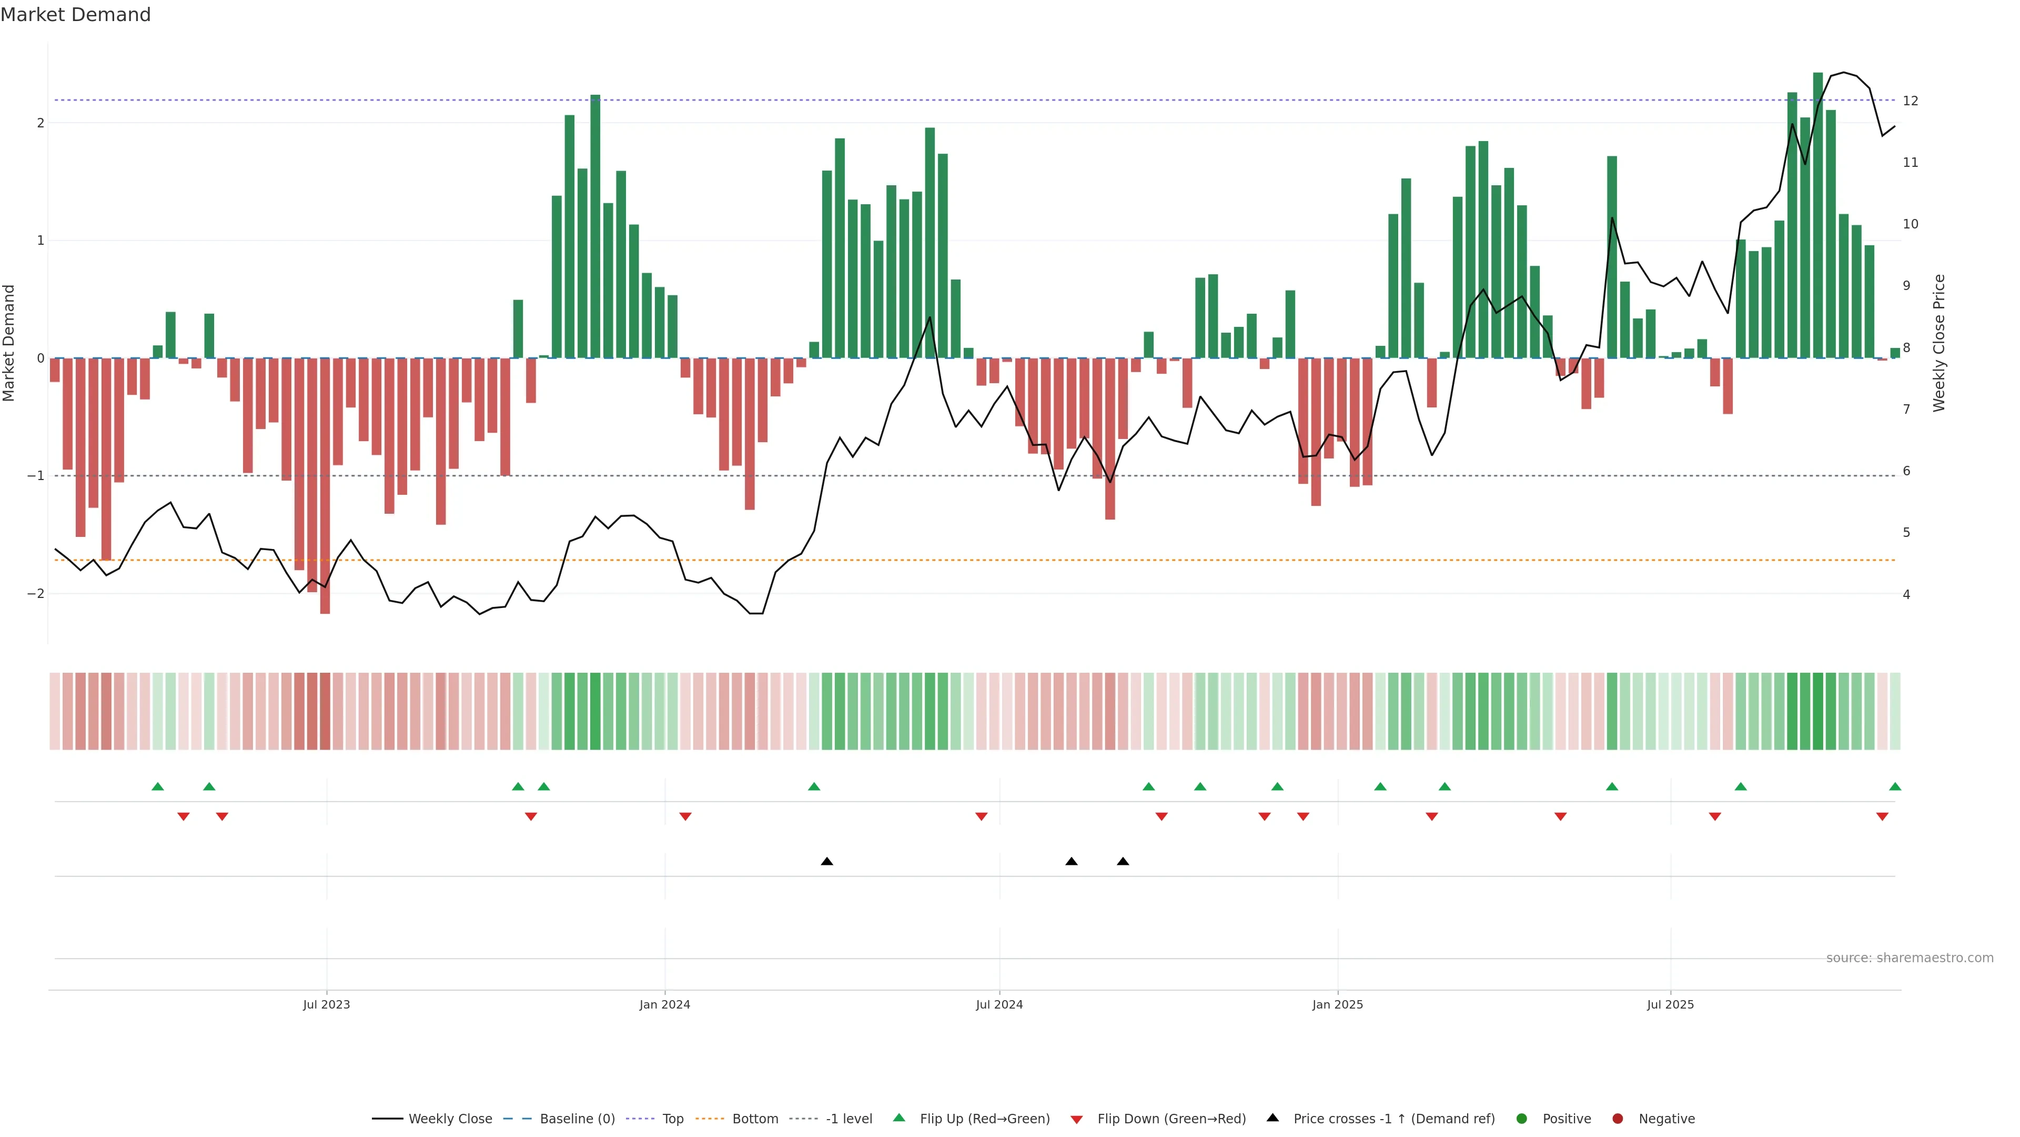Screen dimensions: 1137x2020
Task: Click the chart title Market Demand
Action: [x=75, y=15]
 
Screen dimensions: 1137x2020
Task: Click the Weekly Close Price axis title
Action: [x=1939, y=343]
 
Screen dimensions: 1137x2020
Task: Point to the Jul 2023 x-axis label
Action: [x=326, y=1004]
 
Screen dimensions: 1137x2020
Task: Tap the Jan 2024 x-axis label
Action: [x=664, y=1004]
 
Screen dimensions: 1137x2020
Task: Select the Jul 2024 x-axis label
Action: [x=999, y=1004]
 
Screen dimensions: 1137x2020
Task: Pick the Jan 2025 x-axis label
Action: [x=1337, y=1004]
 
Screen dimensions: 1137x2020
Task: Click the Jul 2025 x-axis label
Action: [x=1670, y=1004]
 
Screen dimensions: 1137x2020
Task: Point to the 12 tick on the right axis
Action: [x=1910, y=101]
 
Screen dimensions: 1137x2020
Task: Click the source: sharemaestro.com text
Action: [x=1910, y=958]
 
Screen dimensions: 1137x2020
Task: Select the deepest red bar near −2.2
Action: [x=325, y=486]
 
